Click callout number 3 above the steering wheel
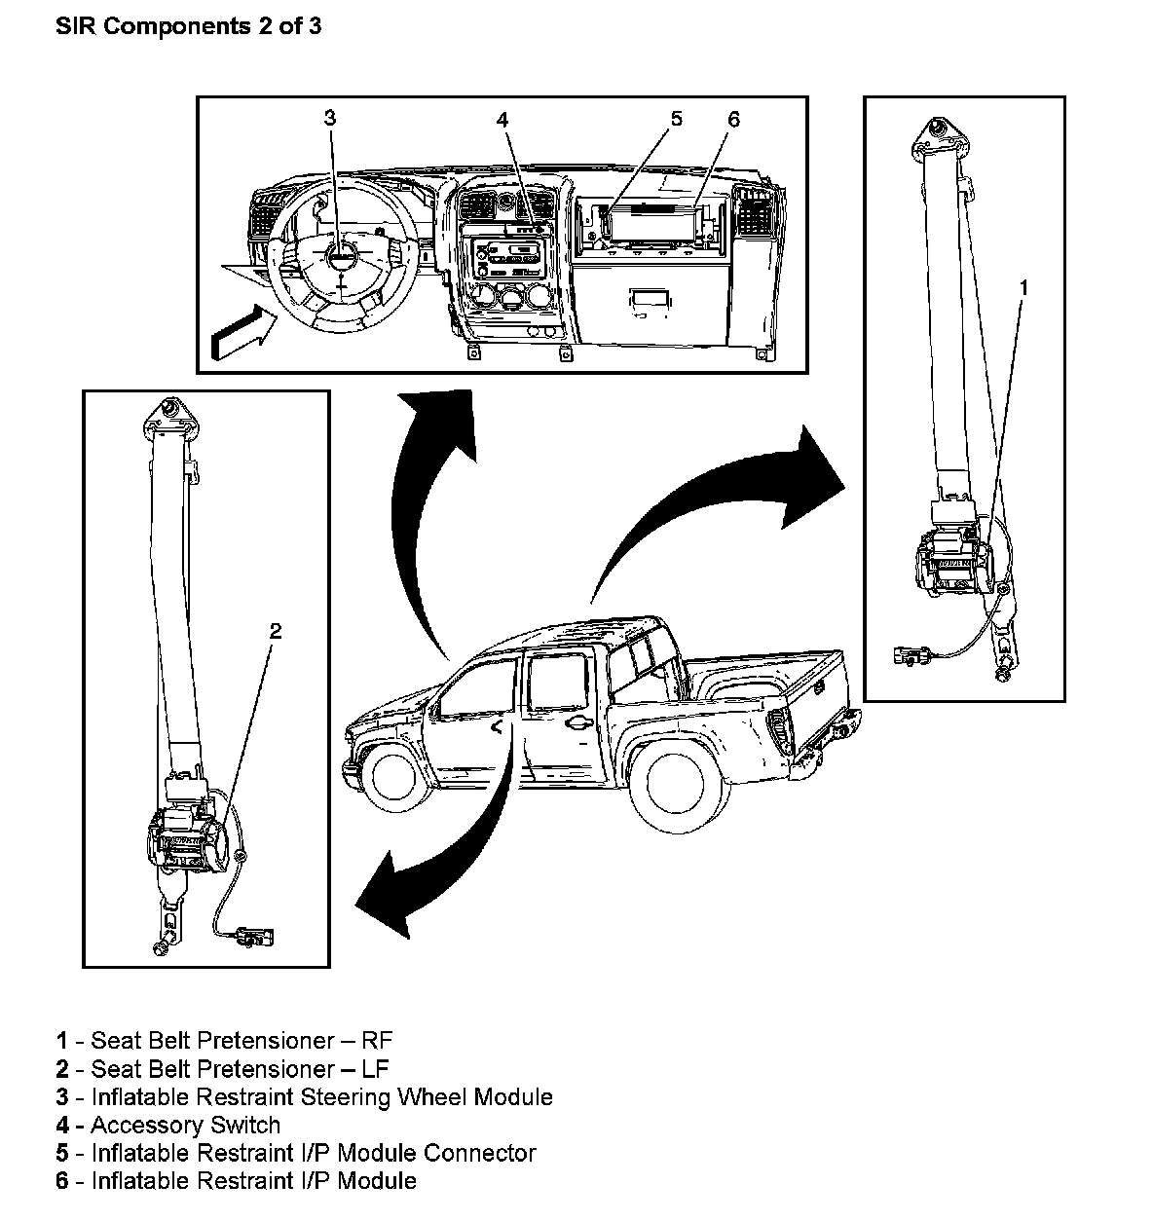click(329, 118)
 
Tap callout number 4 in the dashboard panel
click(502, 120)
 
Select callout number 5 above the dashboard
click(676, 119)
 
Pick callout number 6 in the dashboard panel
click(733, 119)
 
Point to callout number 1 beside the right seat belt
click(1023, 286)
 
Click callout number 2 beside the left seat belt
click(276, 631)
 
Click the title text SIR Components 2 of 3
click(188, 26)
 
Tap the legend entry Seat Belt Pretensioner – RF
click(224, 1042)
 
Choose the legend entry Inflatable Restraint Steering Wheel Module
click(305, 1097)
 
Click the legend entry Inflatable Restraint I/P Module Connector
click(296, 1154)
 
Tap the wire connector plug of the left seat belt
click(255, 938)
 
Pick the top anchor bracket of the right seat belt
click(938, 137)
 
